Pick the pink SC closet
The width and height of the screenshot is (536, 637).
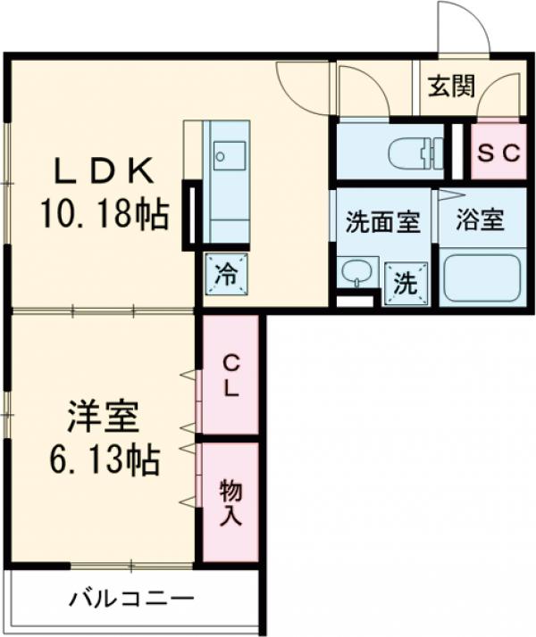[496, 152]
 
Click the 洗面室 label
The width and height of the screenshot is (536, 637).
[382, 221]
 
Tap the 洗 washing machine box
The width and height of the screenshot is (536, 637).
[405, 285]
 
